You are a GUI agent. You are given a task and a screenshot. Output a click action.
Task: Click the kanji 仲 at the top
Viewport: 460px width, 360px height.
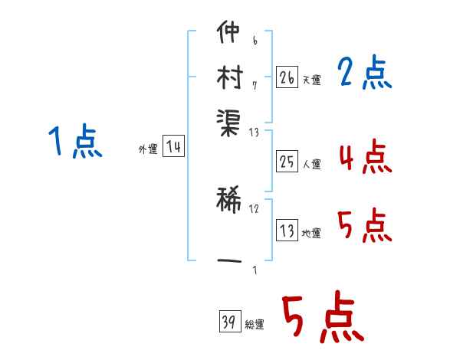pyautogui.click(x=228, y=31)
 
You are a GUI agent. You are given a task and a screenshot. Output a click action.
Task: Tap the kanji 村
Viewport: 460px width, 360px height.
pyautogui.click(x=230, y=77)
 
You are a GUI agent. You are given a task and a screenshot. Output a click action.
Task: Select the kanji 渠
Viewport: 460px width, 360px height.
pyautogui.click(x=228, y=123)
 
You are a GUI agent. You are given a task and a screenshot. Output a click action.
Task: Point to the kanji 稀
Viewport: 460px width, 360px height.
pyautogui.click(x=228, y=200)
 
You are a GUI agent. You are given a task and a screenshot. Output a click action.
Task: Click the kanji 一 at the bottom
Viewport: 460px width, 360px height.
pyautogui.click(x=229, y=260)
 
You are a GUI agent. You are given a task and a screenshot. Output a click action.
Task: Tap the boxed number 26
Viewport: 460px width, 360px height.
pyautogui.click(x=287, y=77)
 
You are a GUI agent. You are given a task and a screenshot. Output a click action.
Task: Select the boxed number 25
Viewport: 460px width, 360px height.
pyautogui.click(x=287, y=161)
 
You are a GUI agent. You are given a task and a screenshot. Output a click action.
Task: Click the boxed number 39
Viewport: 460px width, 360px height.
pyautogui.click(x=230, y=321)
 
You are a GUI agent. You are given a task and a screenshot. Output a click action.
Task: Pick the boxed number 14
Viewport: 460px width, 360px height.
pyautogui.click(x=173, y=146)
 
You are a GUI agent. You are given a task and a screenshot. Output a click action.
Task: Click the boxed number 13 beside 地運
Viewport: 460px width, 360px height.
pyautogui.click(x=287, y=230)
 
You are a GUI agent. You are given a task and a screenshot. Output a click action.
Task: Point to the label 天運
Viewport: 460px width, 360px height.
pyautogui.click(x=312, y=80)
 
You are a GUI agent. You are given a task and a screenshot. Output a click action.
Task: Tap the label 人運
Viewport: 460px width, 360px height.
pyautogui.click(x=312, y=164)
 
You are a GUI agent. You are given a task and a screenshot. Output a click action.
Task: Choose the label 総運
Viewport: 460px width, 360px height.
pyautogui.click(x=255, y=324)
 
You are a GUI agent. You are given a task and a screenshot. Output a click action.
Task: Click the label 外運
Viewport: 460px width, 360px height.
pyautogui.click(x=148, y=149)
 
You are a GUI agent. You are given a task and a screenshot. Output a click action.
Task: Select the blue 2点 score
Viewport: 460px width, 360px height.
pyautogui.click(x=365, y=72)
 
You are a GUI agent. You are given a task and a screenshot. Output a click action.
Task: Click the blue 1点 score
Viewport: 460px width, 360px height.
pyautogui.click(x=75, y=141)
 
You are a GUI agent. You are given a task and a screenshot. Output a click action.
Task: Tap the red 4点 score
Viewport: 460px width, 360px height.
pyautogui.click(x=366, y=156)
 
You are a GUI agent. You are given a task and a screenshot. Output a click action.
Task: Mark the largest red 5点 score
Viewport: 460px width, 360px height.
pyautogui.click(x=324, y=316)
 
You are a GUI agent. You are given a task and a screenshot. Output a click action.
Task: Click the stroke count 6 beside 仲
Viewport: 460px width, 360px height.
pyautogui.click(x=255, y=41)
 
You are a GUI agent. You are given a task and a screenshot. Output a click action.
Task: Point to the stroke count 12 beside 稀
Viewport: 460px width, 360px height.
pyautogui.click(x=254, y=209)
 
